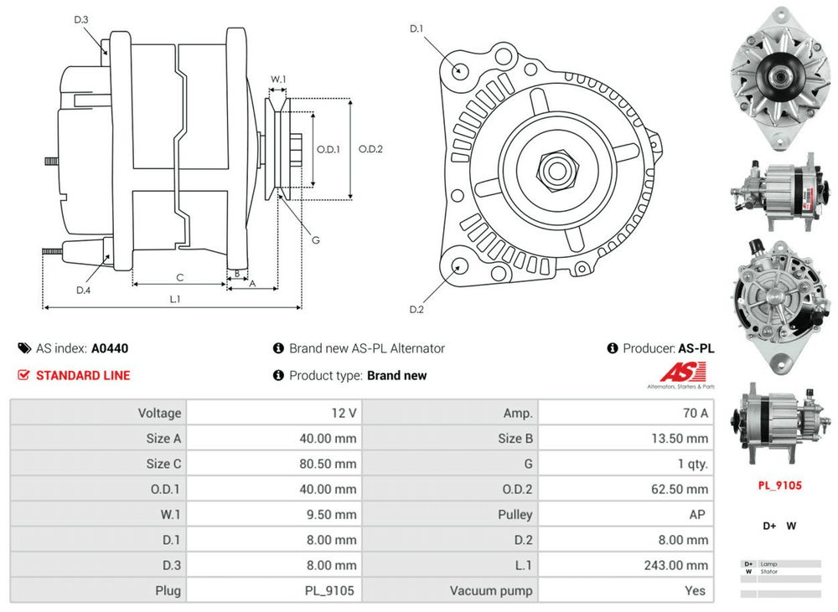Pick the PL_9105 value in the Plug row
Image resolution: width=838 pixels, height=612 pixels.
coord(328,591)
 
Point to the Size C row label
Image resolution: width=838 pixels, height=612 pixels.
coord(163,464)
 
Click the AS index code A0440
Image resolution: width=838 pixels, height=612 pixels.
coord(110,348)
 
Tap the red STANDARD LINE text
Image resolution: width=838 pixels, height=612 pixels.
coord(83,375)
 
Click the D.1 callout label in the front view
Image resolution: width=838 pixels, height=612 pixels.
coord(416,29)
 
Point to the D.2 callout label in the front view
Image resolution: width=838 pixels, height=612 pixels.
coord(416,310)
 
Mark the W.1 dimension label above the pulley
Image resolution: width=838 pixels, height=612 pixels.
coord(278,80)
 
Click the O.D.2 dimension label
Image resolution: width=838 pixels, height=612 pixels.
coord(370,149)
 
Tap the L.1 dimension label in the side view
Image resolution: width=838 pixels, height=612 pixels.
coord(175,299)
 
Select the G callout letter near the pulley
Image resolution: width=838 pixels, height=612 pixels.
coord(316,240)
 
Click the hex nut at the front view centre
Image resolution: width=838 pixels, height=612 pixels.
coord(554,170)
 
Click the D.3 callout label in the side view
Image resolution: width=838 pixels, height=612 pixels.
coord(81,20)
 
